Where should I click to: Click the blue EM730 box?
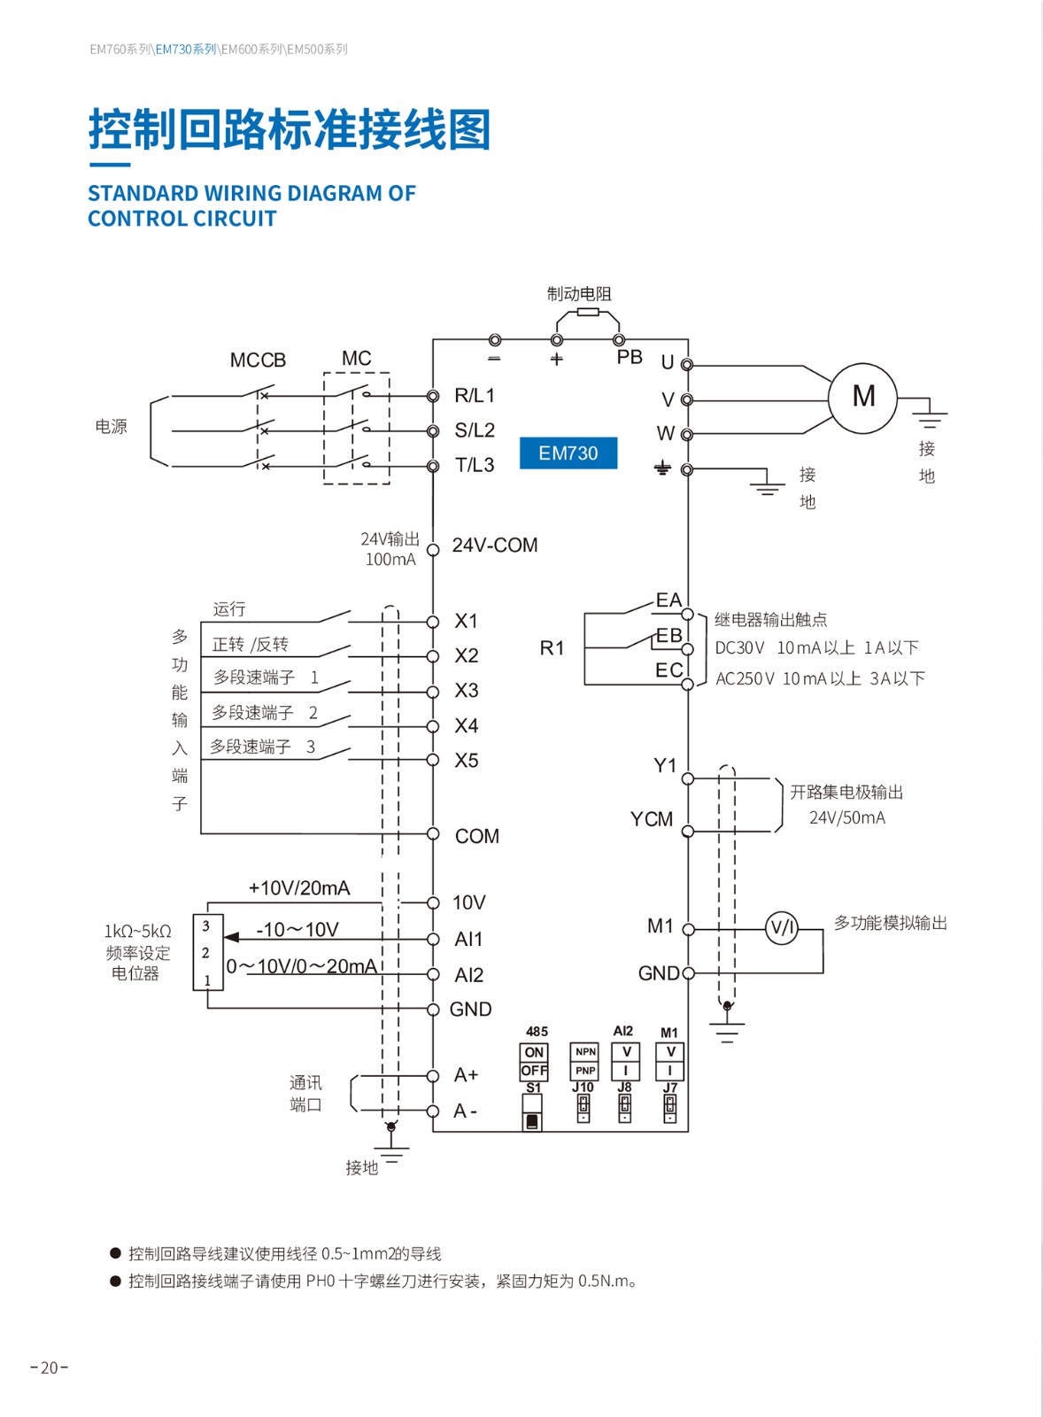[568, 453]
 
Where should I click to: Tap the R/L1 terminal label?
[475, 395]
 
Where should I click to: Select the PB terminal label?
[630, 357]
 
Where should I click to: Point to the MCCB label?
[258, 360]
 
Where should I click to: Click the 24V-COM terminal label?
[495, 546]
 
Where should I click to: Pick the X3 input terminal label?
[467, 691]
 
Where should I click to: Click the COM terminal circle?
[433, 833]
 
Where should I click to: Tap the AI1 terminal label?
[468, 939]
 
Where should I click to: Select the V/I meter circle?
[782, 928]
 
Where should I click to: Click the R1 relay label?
[552, 648]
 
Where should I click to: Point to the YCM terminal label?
[652, 819]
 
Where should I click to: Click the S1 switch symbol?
[532, 1112]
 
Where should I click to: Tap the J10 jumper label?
[583, 1088]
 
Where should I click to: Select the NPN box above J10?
[585, 1052]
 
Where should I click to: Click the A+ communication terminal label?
[466, 1075]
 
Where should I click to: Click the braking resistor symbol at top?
[587, 313]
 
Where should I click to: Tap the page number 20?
[50, 1367]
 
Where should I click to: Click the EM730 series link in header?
[186, 50]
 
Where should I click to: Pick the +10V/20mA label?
[299, 888]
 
